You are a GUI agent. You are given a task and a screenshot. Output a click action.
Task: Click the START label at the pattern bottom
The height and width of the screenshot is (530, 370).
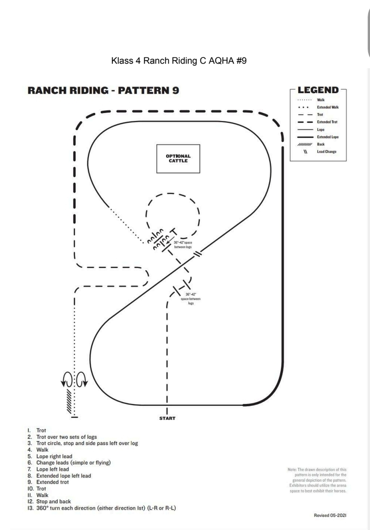click(167, 418)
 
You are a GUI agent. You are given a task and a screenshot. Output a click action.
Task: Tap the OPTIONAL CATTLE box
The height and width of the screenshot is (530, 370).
click(178, 158)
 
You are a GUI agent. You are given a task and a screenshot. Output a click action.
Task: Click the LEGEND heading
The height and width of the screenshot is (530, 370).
click(318, 90)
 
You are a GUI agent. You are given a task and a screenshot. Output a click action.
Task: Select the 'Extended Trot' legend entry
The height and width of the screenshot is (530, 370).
click(327, 122)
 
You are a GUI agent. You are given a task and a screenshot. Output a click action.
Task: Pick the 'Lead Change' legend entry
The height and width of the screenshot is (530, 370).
click(327, 151)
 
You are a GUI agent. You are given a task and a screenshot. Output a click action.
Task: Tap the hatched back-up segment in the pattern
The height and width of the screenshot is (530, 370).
click(69, 401)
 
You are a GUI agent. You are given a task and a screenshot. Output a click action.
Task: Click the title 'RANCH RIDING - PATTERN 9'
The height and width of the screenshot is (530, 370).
click(104, 90)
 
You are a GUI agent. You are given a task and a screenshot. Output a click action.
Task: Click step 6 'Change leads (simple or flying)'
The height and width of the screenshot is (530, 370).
click(74, 462)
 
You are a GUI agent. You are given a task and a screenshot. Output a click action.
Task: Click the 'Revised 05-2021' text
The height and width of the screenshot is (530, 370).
click(330, 515)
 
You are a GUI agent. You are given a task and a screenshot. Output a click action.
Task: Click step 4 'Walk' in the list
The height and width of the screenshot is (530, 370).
click(42, 449)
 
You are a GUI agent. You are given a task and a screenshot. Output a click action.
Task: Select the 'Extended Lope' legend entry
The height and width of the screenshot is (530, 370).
click(327, 137)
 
